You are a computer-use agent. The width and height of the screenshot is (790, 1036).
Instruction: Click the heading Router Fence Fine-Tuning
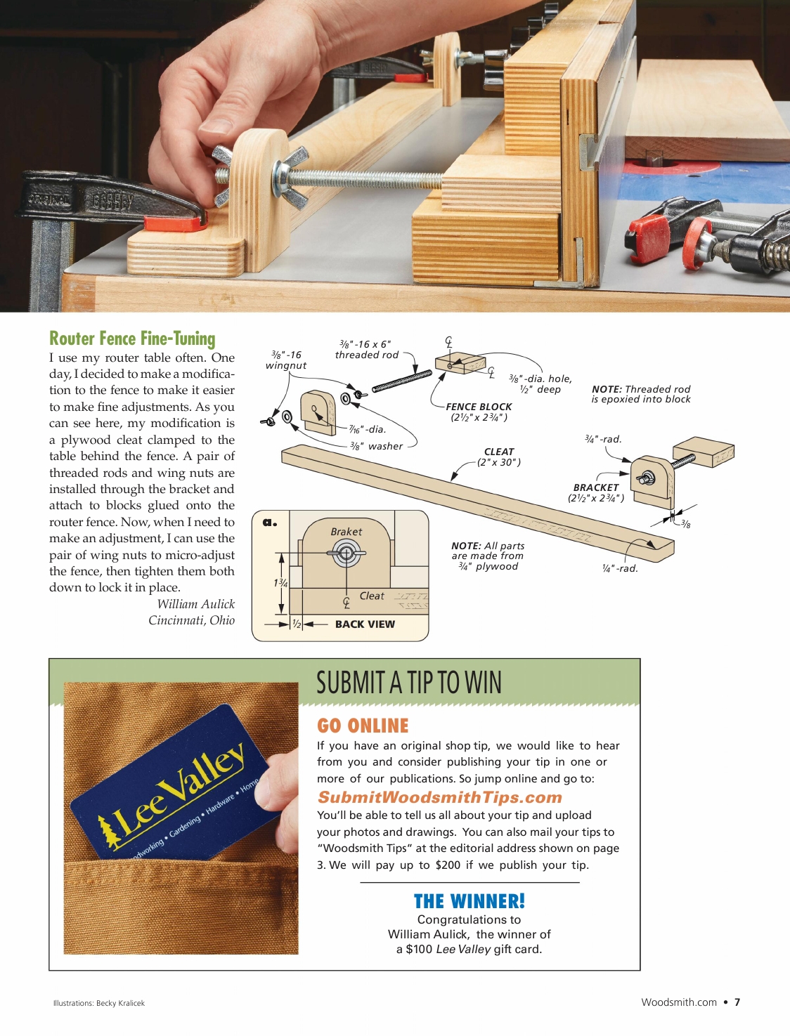point(132,339)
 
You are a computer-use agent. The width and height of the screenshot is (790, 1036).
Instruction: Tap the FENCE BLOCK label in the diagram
point(479,407)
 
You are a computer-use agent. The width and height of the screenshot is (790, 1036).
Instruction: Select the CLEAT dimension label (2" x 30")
point(499,462)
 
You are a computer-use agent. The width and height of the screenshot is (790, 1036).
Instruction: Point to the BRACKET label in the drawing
point(596,487)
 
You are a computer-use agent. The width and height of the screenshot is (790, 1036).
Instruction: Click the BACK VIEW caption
point(365,624)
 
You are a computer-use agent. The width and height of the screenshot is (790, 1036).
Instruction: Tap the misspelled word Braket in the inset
point(347,532)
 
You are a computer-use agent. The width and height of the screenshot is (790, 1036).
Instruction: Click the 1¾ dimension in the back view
point(280,583)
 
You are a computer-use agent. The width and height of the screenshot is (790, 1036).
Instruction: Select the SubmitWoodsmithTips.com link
point(440,797)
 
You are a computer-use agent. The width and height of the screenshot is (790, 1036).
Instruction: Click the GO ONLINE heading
point(363,726)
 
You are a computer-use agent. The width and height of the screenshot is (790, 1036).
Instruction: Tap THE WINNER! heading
point(469,901)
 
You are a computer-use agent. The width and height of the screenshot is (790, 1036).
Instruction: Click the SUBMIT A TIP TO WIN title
point(409,683)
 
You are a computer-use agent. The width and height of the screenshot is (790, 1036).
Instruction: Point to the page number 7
point(737,1002)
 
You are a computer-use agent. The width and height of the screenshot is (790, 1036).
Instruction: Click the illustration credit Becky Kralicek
point(120,1003)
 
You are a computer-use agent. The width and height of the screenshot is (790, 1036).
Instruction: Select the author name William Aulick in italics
point(195,604)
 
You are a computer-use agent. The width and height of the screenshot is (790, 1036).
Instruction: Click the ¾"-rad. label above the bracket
point(603,439)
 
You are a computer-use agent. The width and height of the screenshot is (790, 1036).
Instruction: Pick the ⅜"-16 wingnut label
point(286,360)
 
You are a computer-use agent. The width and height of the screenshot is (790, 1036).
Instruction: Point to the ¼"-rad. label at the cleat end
point(620,568)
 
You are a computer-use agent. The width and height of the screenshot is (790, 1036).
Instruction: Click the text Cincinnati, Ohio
point(191,620)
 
